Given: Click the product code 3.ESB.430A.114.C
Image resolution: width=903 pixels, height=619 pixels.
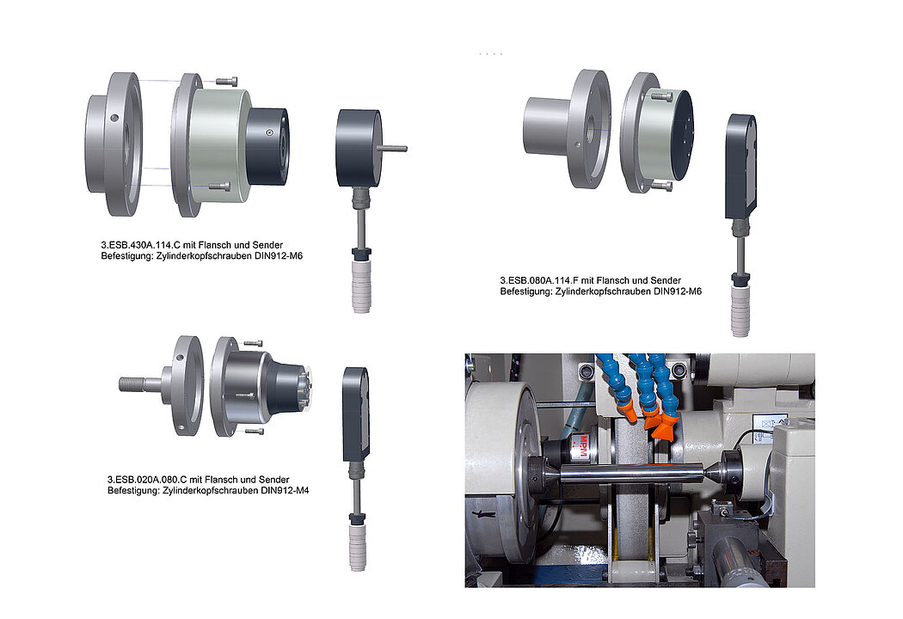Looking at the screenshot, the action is (140, 245).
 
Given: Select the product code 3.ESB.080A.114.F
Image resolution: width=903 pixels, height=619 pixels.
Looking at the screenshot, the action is (539, 280).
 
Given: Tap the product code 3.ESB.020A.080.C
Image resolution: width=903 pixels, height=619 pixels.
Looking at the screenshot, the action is (147, 480).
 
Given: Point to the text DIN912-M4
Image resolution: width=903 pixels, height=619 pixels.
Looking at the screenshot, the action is (285, 491).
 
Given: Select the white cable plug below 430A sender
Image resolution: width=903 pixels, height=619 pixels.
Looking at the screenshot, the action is (361, 285).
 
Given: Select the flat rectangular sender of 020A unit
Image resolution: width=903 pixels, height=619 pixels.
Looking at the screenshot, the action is (355, 414).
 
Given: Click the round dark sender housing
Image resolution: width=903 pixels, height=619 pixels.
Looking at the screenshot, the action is (359, 148).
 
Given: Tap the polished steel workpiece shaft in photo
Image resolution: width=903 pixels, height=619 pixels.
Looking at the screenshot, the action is (630, 473).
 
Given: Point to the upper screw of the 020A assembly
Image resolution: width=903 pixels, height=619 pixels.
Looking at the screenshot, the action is (254, 343).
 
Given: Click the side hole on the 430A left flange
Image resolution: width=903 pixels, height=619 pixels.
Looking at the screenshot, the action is (114, 118).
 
